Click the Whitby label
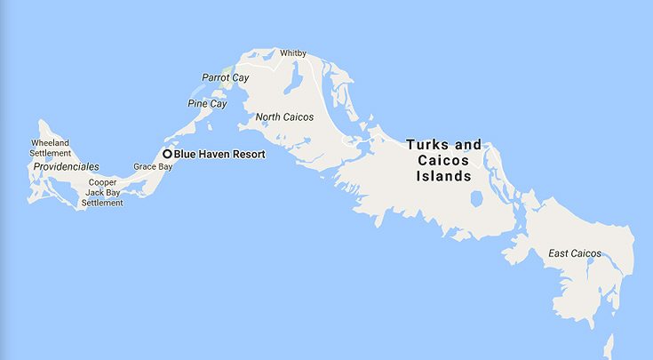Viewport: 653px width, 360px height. tap(293, 53)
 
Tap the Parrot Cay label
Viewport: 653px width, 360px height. tap(226, 77)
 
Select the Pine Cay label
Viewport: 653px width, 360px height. tap(207, 104)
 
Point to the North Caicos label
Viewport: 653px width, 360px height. tap(284, 117)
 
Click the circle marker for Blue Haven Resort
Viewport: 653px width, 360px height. tap(167, 154)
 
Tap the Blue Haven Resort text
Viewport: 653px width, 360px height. tap(219, 154)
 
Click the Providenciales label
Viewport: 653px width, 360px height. tap(66, 167)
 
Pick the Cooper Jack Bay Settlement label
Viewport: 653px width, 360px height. tap(102, 192)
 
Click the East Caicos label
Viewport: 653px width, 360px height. tap(574, 254)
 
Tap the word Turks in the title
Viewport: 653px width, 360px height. tap(429, 144)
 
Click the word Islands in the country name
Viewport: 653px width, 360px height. tap(444, 176)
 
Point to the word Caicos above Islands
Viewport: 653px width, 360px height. tap(443, 160)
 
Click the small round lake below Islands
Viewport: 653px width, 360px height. tap(477, 198)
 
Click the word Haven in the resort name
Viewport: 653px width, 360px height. tap(218, 154)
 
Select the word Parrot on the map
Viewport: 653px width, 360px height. tap(216, 77)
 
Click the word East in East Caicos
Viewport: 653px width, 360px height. tap(558, 254)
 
